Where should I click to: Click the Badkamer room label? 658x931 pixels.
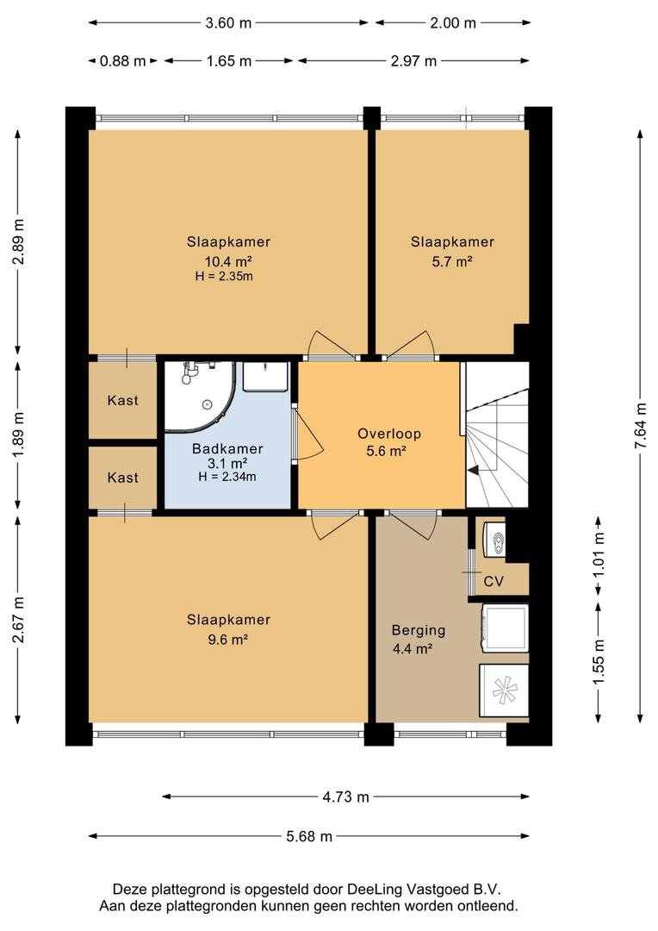[x=227, y=449]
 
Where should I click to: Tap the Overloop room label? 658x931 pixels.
[x=389, y=434]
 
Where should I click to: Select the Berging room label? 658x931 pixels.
[x=419, y=630]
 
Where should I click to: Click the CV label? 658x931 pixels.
[x=493, y=581]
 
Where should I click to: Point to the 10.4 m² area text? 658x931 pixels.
[x=228, y=261]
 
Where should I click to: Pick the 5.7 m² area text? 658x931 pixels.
[x=452, y=261]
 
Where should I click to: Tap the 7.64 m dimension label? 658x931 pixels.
[x=640, y=427]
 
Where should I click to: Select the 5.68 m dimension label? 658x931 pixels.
[x=309, y=836]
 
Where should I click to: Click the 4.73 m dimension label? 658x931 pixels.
[x=345, y=797]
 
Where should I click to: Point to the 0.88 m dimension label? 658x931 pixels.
[x=123, y=60]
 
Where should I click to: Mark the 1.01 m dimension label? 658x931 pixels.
[x=599, y=554]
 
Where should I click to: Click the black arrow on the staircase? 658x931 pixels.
[x=474, y=471]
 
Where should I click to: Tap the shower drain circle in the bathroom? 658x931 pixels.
[x=207, y=404]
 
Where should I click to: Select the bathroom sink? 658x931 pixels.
[x=266, y=377]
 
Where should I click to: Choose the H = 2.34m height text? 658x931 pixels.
[x=227, y=476]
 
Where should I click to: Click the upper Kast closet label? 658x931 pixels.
[x=123, y=400]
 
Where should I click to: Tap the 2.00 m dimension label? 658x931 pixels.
[x=453, y=22]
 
